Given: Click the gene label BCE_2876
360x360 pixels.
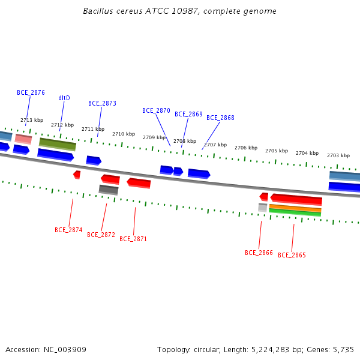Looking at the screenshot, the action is click(31, 92).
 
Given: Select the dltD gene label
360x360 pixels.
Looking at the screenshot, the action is click(64, 98).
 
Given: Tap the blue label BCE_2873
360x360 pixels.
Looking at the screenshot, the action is click(102, 103).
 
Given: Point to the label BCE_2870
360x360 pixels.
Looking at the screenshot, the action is click(156, 110).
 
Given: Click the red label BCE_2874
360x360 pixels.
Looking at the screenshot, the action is click(68, 230).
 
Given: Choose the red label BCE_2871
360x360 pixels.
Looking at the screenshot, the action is click(133, 239).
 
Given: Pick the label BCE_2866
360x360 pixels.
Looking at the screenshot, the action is click(259, 253).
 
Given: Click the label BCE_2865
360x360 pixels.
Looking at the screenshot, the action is click(292, 255).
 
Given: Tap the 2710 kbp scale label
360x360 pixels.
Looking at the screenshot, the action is click(124, 134).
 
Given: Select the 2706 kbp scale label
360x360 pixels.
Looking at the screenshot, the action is click(246, 148).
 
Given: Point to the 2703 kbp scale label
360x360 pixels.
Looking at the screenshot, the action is click(338, 155).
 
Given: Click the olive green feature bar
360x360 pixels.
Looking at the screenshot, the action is click(58, 145).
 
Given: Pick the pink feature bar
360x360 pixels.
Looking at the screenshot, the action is click(23, 139).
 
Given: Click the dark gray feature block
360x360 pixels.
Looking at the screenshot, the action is click(109, 190).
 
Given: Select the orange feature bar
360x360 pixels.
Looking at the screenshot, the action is click(295, 208).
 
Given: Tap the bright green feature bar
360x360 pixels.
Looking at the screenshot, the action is click(295, 212).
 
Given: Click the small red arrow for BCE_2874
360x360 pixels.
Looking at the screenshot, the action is click(77, 175).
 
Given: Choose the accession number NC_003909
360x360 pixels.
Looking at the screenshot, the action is click(65, 350).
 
